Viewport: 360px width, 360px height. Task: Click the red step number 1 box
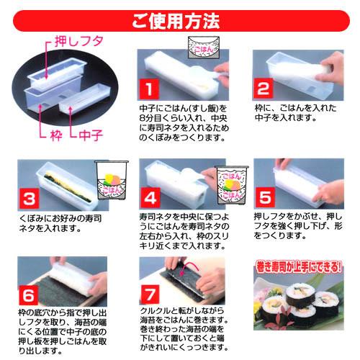coord(149,89)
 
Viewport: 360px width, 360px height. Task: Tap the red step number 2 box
coord(264,88)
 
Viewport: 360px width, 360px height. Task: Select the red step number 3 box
coord(29,199)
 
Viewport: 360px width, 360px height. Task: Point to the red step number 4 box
coord(150,198)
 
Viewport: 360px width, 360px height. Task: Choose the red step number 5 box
coord(265,197)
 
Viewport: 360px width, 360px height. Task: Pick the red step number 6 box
coord(28,295)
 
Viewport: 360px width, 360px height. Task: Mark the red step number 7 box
coord(150,294)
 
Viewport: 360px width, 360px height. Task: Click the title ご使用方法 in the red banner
coord(176,21)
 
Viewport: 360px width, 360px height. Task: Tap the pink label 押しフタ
coord(79,41)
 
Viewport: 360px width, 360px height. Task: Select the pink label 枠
coord(57,135)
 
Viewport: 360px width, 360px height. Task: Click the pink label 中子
coord(91,135)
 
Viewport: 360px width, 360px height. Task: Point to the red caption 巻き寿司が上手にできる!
coord(299,267)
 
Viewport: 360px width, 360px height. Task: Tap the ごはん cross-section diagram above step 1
coord(204,48)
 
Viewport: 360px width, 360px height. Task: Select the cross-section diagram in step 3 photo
coord(112,180)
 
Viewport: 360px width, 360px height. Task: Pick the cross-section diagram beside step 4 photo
coord(232,185)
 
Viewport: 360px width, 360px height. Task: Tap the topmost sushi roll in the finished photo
coord(300,294)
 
